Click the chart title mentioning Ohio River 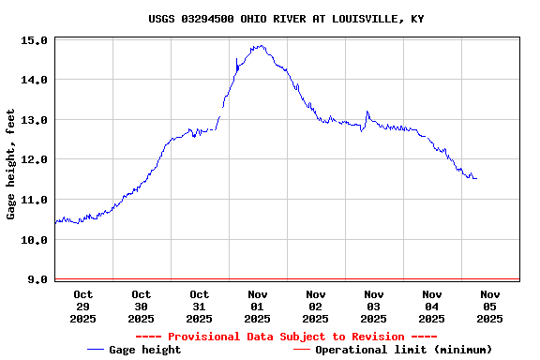coord(286,19)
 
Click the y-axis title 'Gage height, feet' coord(11,164)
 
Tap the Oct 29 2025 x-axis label coord(82,307)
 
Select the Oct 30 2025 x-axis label coord(141,307)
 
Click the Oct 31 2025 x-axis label coord(199,307)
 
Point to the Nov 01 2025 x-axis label coord(258,307)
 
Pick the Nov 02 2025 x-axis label coord(316,307)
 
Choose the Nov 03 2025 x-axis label coord(374,307)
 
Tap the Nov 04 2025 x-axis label coord(432,307)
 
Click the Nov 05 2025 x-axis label coord(490,307)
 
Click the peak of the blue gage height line coord(258,45)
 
